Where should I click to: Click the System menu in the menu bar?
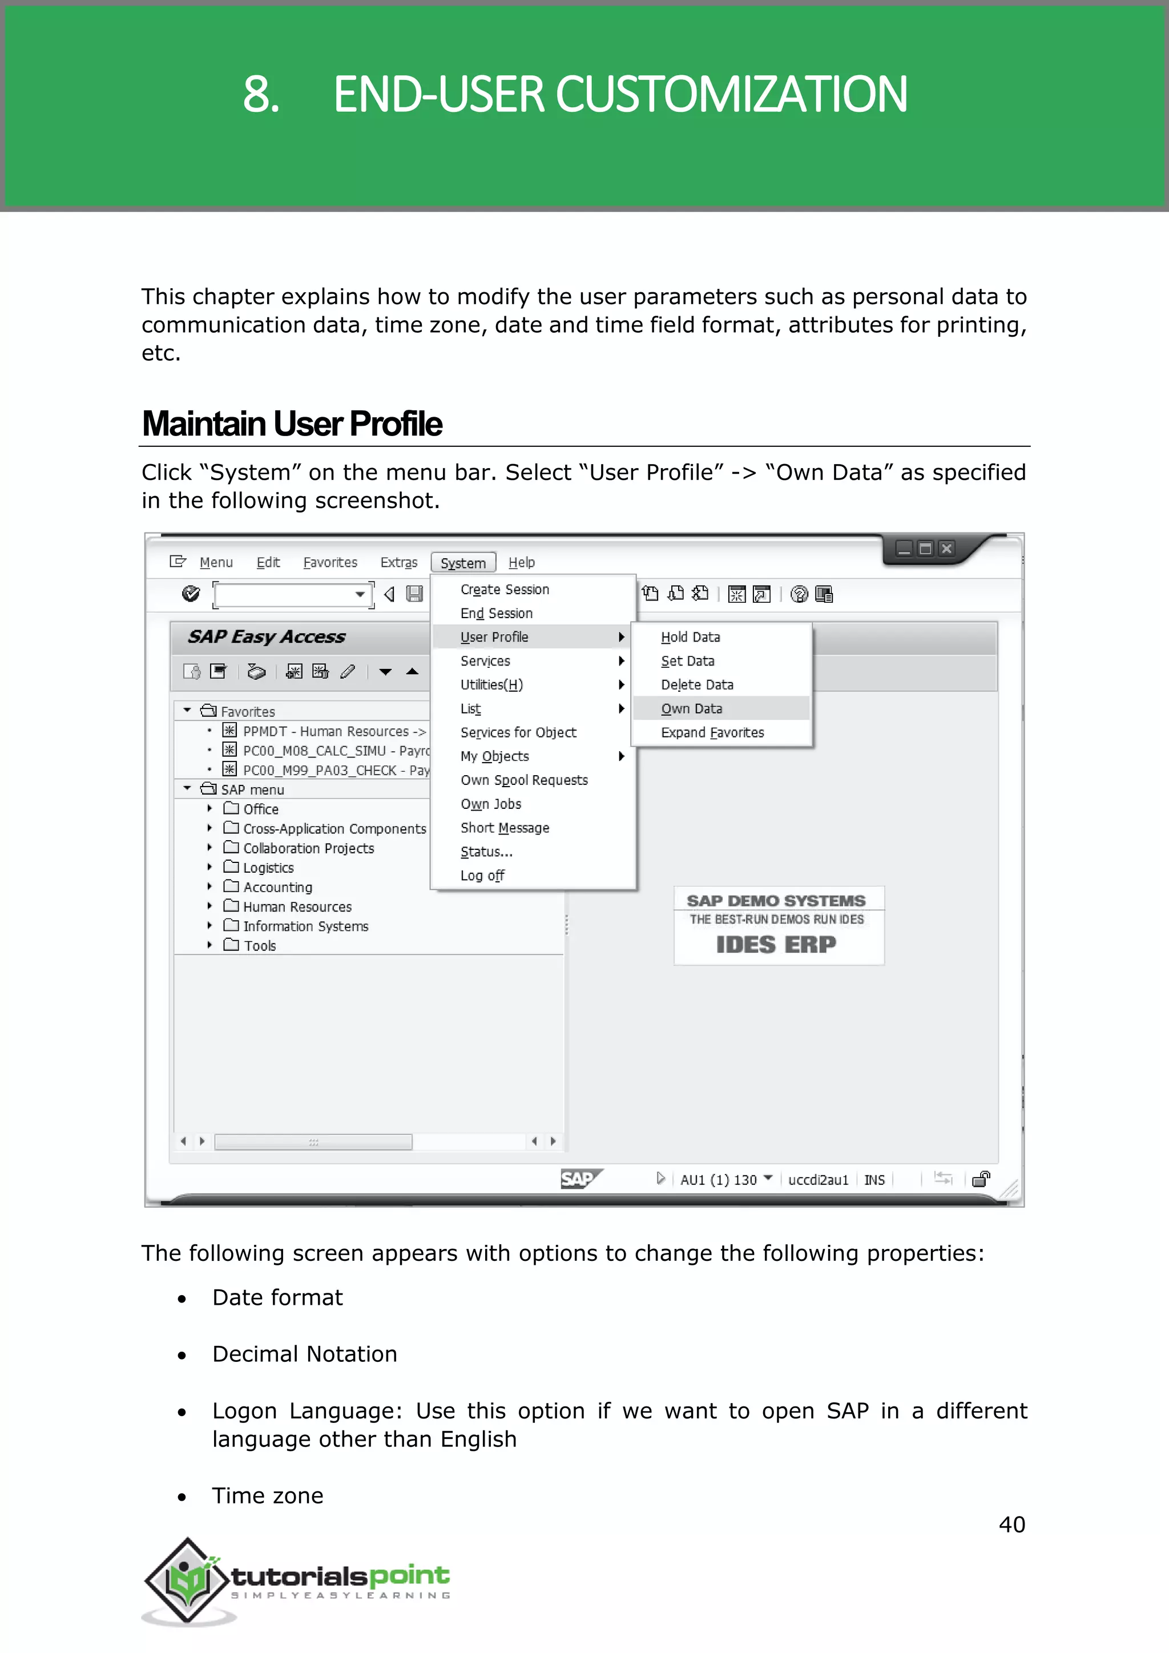[463, 563]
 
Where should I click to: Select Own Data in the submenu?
[691, 708]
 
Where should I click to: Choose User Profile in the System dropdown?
[494, 637]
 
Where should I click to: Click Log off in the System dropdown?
[482, 876]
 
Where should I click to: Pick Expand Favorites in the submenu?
[712, 732]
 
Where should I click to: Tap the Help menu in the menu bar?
[521, 562]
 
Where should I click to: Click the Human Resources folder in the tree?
[297, 906]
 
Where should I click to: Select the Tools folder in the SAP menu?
[259, 945]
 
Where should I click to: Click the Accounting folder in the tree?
[277, 887]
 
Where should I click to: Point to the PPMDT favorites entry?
[333, 731]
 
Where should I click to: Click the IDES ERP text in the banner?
[776, 944]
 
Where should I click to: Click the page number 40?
[1011, 1524]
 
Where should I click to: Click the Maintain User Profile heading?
[292, 424]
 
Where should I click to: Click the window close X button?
[946, 549]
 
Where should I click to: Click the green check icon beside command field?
[191, 594]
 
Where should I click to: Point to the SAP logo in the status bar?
[579, 1179]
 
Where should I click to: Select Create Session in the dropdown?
[505, 590]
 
